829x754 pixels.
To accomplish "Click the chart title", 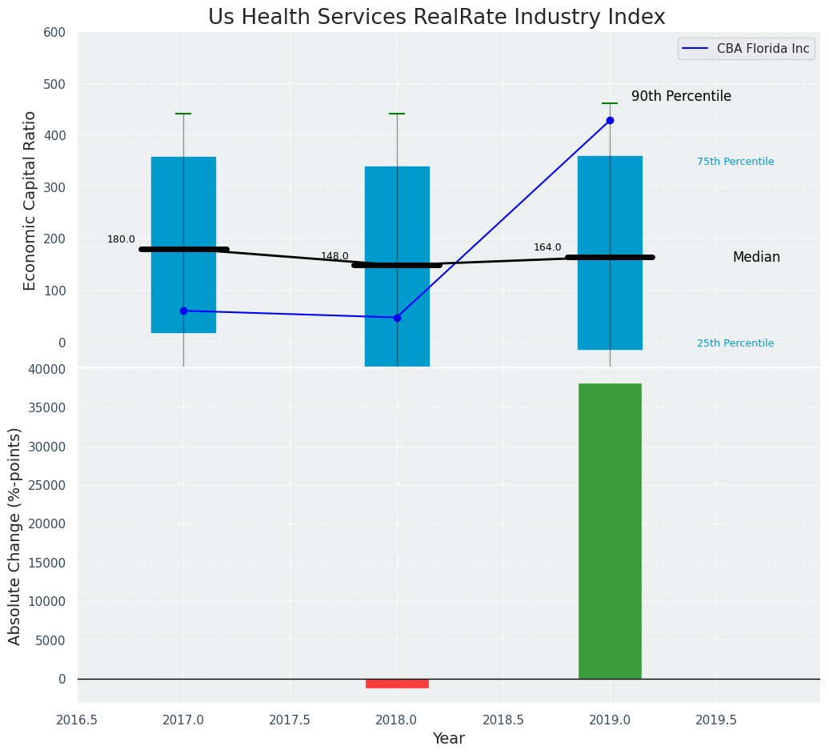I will click(436, 18).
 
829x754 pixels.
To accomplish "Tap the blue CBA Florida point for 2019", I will click(610, 120).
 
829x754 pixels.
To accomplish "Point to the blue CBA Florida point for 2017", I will click(183, 311).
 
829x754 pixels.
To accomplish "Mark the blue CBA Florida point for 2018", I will click(397, 318).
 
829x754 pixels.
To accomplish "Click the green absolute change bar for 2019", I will click(610, 531).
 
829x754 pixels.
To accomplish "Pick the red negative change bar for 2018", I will click(397, 684).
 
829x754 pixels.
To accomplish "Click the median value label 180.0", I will click(121, 239).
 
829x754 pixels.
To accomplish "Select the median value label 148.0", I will click(334, 256).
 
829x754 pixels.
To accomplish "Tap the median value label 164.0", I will click(547, 247).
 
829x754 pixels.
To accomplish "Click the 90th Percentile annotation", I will click(681, 96).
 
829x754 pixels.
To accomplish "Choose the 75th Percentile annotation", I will click(735, 162).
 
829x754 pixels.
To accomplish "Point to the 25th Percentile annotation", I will click(735, 343).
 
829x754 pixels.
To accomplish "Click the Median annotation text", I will click(756, 257).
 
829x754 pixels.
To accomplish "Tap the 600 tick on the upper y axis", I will click(62, 33).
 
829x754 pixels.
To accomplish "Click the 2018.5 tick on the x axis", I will click(503, 720).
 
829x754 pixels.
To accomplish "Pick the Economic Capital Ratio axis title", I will click(30, 200).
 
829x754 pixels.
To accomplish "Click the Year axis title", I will click(448, 739).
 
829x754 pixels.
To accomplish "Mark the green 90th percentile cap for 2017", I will click(183, 114).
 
